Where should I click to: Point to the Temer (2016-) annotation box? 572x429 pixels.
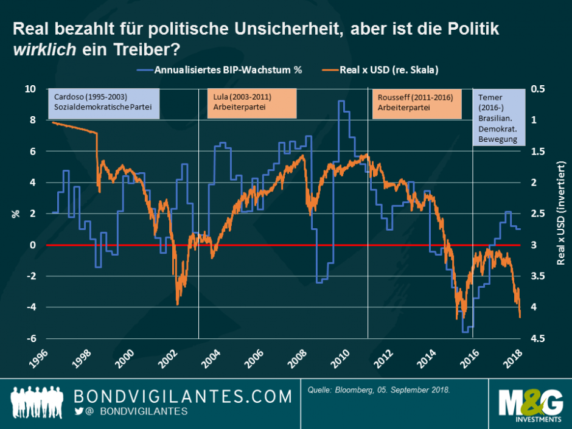[498, 118]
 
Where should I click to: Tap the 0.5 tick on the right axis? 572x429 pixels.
[539, 89]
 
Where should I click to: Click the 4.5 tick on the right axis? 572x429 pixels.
[539, 338]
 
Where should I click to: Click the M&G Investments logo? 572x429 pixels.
[529, 405]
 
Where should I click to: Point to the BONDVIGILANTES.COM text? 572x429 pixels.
[183, 396]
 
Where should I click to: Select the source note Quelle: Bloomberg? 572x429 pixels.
[378, 388]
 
